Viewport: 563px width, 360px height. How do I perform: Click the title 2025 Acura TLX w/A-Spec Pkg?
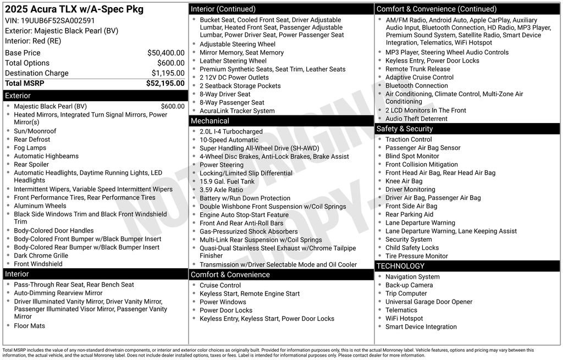[x=74, y=9]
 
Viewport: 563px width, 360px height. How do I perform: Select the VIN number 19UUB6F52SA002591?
[x=58, y=20]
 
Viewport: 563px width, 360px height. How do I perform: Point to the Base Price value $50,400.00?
[x=165, y=53]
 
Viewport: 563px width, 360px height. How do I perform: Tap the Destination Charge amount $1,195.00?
[x=168, y=73]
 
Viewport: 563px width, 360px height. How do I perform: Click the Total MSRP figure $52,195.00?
[x=165, y=84]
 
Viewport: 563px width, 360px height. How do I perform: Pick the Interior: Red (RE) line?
[x=33, y=41]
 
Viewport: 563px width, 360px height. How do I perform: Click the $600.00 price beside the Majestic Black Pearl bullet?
[x=173, y=107]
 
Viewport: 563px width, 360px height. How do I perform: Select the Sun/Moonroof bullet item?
[x=35, y=131]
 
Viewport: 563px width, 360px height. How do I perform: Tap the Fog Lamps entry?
[x=30, y=148]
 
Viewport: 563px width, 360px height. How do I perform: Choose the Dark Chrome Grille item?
[x=41, y=256]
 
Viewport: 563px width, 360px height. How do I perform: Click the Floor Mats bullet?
[x=29, y=326]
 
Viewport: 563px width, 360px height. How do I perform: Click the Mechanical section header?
[x=209, y=121]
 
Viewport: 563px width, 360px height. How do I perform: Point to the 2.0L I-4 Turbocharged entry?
[x=231, y=132]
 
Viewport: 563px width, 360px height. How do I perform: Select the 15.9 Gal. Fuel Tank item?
[x=227, y=181]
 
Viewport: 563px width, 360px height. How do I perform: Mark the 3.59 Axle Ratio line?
[x=221, y=190]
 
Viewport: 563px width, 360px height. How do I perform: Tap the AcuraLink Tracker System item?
[x=237, y=111]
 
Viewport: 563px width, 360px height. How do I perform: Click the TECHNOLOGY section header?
[x=400, y=266]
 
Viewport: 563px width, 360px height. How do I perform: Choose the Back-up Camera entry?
[x=409, y=285]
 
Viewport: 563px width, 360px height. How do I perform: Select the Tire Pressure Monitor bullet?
[x=416, y=256]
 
